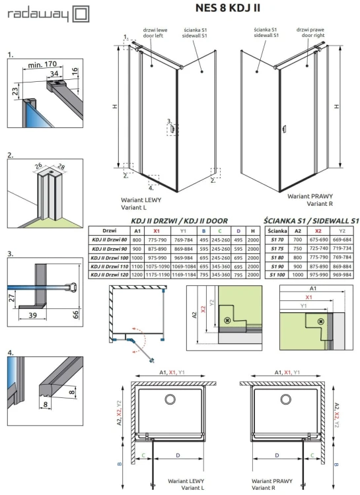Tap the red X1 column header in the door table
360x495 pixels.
[x=157, y=230]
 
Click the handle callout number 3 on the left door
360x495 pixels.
[x=168, y=121]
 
